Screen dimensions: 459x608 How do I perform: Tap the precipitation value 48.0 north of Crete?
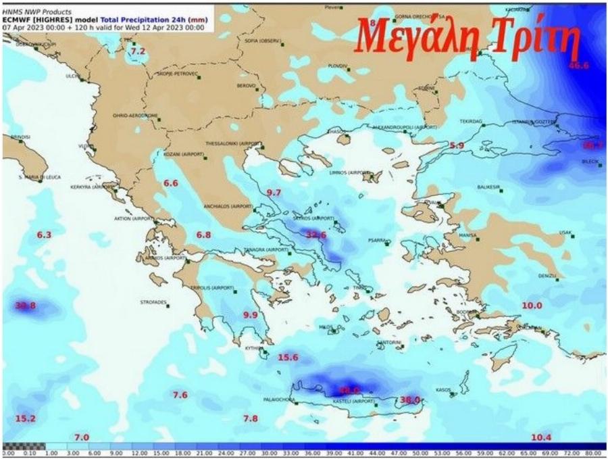point(349,390)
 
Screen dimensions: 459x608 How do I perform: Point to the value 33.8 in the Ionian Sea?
point(25,306)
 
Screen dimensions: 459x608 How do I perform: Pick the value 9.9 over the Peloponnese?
point(250,315)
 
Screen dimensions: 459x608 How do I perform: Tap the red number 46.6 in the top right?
point(579,66)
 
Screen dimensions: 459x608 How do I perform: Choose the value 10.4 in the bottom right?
point(542,437)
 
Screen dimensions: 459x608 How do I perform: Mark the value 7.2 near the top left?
point(138,51)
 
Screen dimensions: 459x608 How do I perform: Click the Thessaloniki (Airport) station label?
point(234,144)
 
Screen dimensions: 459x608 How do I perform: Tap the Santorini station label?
point(390,343)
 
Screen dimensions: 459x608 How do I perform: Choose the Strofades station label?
point(153,302)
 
